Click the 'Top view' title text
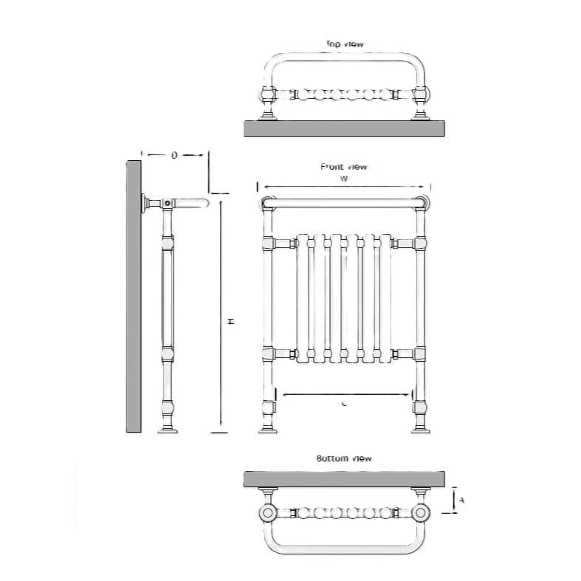345,44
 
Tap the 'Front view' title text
343,167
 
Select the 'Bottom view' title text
344,458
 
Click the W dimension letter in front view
344,179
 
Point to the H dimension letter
230,322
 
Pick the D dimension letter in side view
174,155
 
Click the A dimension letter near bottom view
461,500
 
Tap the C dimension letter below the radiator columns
345,403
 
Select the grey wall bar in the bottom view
344,479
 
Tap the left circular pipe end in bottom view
266,512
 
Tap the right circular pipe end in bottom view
422,512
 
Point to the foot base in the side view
168,430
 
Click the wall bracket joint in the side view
168,203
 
